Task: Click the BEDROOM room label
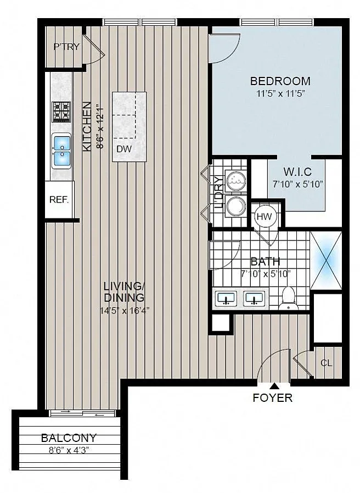pyautogui.click(x=280, y=81)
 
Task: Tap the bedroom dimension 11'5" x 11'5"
pyautogui.click(x=281, y=94)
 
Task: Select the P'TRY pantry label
pyautogui.click(x=66, y=47)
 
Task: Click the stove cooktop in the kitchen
pyautogui.click(x=61, y=111)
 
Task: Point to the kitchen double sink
pyautogui.click(x=61, y=151)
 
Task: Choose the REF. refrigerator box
pyautogui.click(x=59, y=199)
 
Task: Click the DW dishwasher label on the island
pyautogui.click(x=124, y=149)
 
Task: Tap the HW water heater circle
pyautogui.click(x=264, y=216)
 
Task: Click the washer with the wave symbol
pyautogui.click(x=235, y=181)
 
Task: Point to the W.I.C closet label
pyautogui.click(x=297, y=172)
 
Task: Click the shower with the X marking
pyautogui.click(x=326, y=260)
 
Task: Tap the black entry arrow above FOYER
pyautogui.click(x=274, y=386)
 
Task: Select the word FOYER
pyautogui.click(x=273, y=397)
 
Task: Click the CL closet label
pyautogui.click(x=327, y=363)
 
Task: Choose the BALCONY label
pyautogui.click(x=69, y=438)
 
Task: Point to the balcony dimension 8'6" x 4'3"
pyautogui.click(x=69, y=450)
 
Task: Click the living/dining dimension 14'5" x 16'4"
pyautogui.click(x=125, y=311)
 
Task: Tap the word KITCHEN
pyautogui.click(x=87, y=126)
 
